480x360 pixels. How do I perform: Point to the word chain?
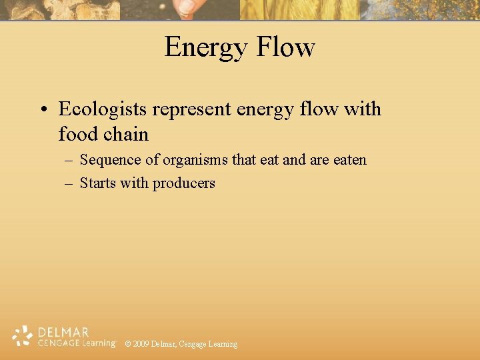click(x=126, y=134)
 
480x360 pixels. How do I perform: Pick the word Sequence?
click(x=110, y=161)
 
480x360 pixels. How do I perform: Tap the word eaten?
click(x=347, y=160)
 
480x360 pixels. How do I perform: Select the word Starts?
click(x=97, y=183)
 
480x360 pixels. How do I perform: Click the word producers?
click(x=184, y=183)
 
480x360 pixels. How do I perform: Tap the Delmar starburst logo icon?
click(x=23, y=336)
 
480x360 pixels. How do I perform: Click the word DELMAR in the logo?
click(x=63, y=332)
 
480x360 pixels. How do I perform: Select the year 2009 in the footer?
click(x=141, y=344)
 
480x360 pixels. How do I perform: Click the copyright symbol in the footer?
click(x=128, y=344)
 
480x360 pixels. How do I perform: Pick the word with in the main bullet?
click(x=363, y=109)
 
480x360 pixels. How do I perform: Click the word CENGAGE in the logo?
click(x=58, y=343)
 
